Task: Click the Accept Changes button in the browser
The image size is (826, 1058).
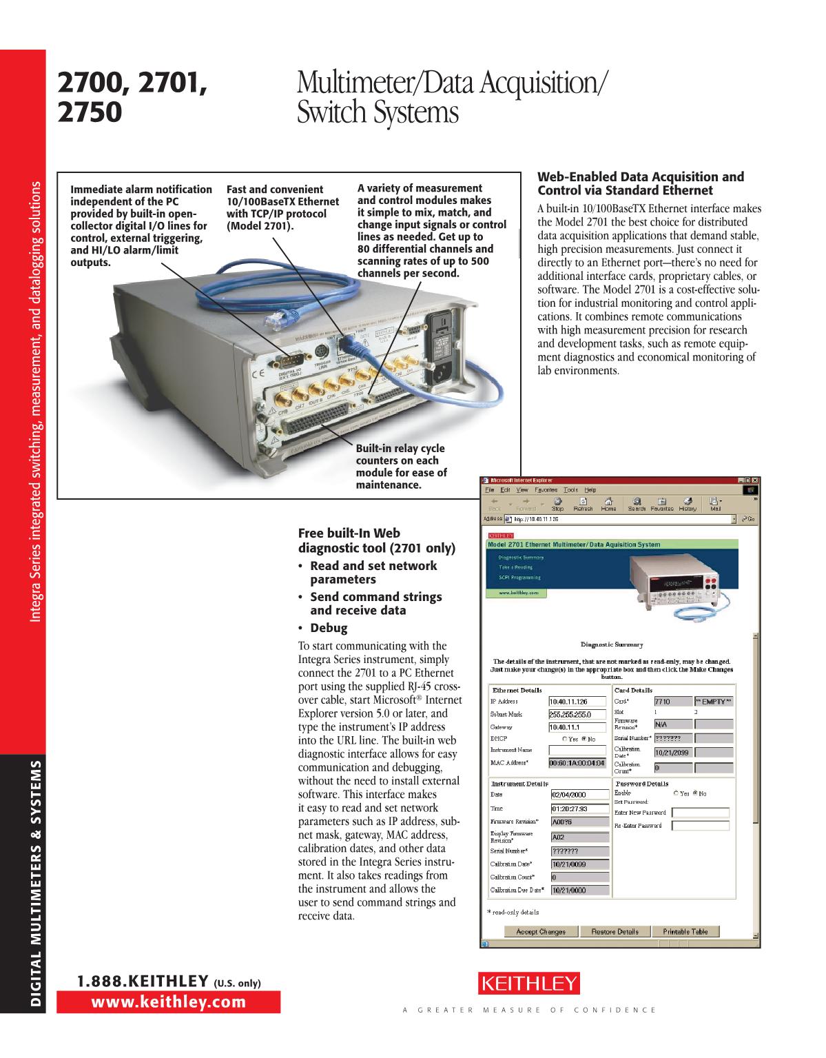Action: (541, 931)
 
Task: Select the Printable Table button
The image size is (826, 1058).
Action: (685, 931)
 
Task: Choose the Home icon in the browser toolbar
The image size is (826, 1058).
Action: (608, 504)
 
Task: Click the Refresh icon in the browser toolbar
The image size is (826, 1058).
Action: (583, 504)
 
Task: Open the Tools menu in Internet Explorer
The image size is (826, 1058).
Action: (570, 489)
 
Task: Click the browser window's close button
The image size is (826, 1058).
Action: (754, 480)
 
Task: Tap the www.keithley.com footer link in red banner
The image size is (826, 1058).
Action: (169, 1002)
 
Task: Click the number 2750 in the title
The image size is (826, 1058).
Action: (90, 112)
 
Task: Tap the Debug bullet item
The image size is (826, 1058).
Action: (329, 628)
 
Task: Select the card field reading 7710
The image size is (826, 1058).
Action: (672, 701)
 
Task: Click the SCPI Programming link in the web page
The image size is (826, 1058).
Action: (519, 578)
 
